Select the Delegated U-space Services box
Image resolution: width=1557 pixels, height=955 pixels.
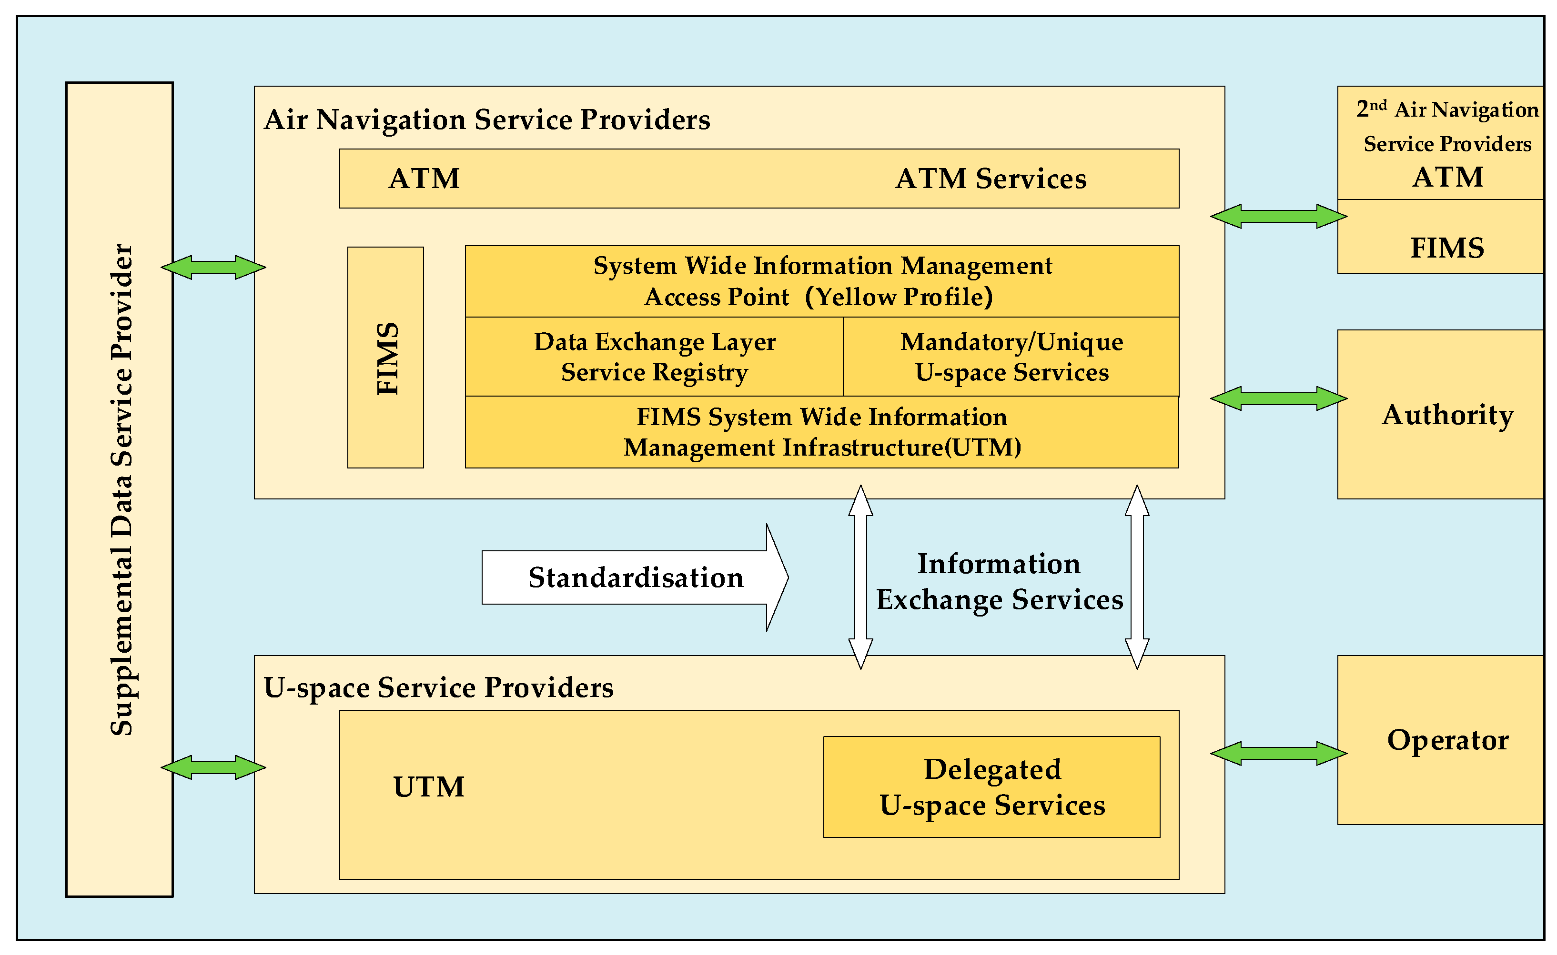tap(991, 787)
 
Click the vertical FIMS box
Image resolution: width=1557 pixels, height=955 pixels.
tap(385, 358)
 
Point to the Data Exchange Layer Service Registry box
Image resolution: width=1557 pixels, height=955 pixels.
tap(654, 357)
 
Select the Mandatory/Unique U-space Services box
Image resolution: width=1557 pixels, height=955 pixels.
tap(1011, 357)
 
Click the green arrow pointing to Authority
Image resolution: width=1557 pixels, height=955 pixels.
tap(1278, 398)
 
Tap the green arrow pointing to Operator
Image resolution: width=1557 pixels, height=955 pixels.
tap(1278, 754)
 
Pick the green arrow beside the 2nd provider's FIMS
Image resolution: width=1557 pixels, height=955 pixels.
tap(1278, 216)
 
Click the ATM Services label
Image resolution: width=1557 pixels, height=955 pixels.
tap(991, 179)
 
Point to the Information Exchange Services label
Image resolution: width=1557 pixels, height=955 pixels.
tap(999, 582)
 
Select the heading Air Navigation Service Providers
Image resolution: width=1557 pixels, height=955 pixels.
tap(486, 119)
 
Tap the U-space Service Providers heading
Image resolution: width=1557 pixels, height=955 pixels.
tap(438, 687)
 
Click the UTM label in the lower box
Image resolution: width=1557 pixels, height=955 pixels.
tap(428, 787)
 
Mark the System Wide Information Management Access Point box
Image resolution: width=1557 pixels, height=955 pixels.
tap(821, 281)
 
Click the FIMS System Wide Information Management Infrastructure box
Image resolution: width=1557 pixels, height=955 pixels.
tap(821, 432)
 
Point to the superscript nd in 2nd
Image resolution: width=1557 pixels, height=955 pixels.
tap(1378, 104)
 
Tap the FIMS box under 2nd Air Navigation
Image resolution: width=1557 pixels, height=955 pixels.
tap(1447, 248)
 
